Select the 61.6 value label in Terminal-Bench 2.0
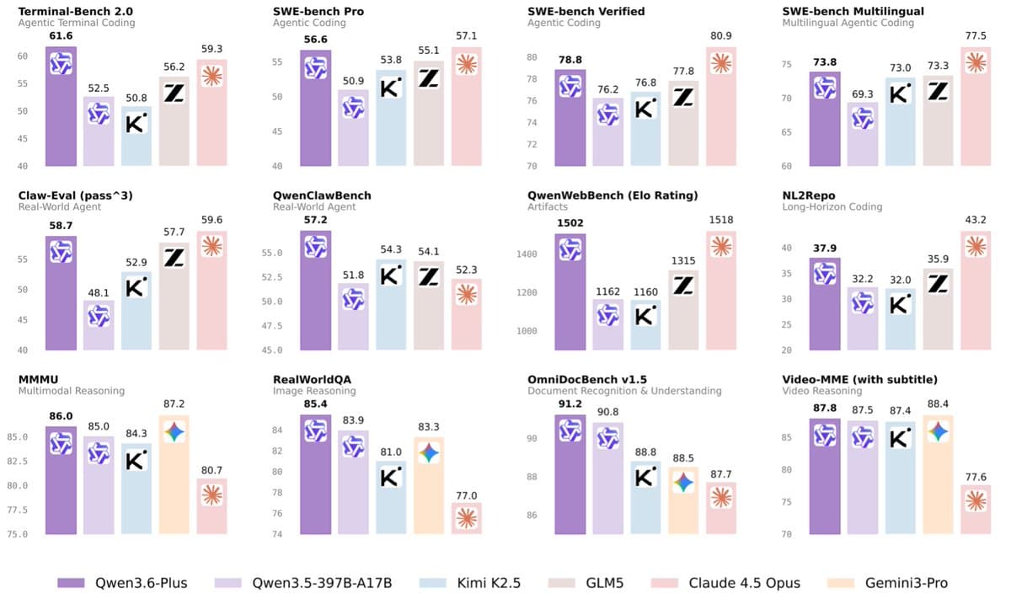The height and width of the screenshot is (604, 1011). tap(60, 38)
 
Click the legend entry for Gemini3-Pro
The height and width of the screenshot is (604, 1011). tap(906, 583)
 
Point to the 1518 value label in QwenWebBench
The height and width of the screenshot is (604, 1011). tap(721, 222)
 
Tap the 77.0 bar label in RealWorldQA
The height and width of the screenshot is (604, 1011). tap(467, 495)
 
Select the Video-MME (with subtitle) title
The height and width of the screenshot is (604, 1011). tap(859, 379)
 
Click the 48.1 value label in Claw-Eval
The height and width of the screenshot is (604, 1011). tap(98, 291)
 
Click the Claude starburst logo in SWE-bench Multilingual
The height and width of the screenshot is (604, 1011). tap(976, 62)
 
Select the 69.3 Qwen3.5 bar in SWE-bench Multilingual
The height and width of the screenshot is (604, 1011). tap(861, 135)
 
